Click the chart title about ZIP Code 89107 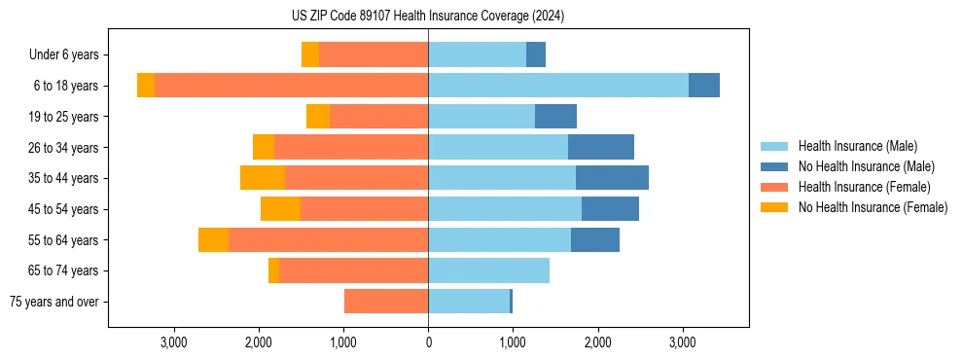tap(428, 17)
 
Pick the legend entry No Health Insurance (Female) tap(873, 207)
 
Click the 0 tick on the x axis tap(428, 342)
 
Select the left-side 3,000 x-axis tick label tap(173, 342)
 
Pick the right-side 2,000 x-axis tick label tap(597, 342)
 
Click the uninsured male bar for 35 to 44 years tap(612, 178)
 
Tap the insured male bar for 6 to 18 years tap(558, 86)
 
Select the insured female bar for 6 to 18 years tap(291, 86)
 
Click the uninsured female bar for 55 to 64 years tap(213, 240)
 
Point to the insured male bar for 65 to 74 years tap(488, 270)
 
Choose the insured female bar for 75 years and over tap(386, 302)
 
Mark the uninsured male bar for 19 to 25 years tap(555, 117)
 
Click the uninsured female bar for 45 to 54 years tap(280, 209)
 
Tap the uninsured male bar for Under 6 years tap(536, 54)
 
